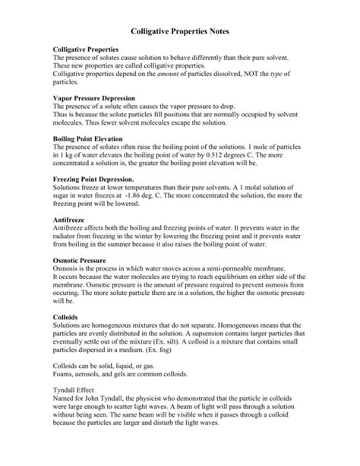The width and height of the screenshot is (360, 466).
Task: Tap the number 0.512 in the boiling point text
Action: [x=219, y=154]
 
